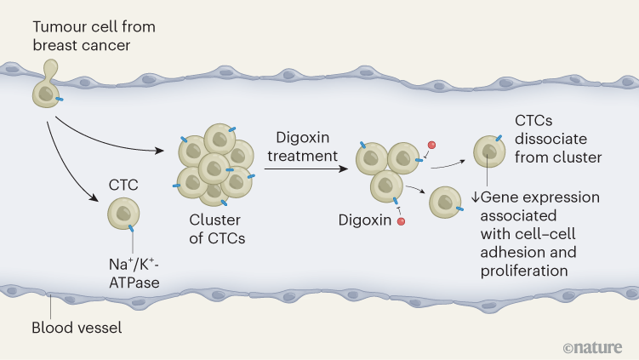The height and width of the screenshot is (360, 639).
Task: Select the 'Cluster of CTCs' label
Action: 216,229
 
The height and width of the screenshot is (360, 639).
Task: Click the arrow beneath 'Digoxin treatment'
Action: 306,170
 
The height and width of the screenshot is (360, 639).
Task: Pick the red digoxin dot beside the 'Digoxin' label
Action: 401,222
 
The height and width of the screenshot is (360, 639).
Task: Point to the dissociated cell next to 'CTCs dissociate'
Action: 488,151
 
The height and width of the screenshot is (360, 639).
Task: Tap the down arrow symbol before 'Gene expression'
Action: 476,197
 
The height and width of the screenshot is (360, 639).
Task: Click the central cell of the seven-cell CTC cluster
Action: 216,165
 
